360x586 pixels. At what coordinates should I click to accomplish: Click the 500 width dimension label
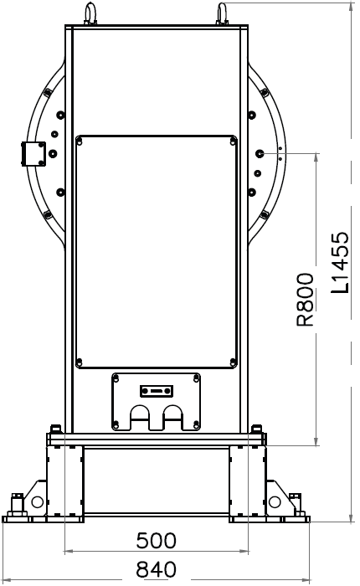156,541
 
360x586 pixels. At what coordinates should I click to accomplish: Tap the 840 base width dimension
156,569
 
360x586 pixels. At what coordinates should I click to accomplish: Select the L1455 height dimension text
340,262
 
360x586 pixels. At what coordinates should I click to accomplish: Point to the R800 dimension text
305,300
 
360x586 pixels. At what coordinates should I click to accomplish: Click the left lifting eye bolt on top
90,14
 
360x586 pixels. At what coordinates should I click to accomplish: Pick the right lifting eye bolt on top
222,14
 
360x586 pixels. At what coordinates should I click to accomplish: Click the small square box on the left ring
33,153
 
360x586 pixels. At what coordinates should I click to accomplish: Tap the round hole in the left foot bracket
38,502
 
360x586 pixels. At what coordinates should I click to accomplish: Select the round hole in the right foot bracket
275,502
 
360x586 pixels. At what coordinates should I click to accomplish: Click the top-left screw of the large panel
80,141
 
